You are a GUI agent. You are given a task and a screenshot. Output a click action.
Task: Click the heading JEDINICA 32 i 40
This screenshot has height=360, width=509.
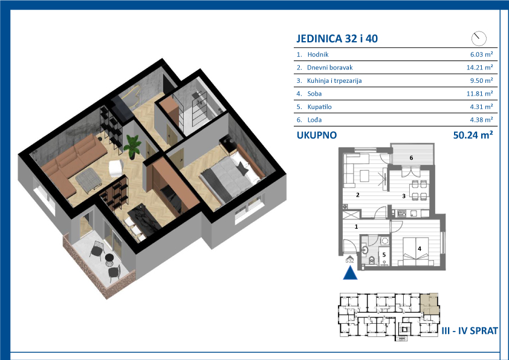point(337,39)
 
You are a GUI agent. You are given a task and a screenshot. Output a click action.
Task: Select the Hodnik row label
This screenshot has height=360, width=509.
point(318,54)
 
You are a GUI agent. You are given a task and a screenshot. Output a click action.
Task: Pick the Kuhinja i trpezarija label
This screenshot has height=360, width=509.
point(334,80)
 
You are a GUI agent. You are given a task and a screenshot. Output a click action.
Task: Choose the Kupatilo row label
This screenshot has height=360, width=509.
point(319,107)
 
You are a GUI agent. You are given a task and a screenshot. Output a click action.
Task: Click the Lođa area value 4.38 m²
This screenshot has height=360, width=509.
point(481,120)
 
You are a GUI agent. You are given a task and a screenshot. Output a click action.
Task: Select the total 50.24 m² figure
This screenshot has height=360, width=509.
point(473,135)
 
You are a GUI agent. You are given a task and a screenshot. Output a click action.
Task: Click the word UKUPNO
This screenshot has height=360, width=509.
point(317,135)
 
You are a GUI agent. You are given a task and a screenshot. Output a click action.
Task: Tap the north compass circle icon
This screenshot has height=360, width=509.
point(479,39)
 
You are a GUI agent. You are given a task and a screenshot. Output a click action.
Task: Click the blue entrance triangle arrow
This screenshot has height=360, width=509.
point(350,273)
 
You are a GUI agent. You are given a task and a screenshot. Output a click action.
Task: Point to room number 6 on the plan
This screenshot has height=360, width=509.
point(411,158)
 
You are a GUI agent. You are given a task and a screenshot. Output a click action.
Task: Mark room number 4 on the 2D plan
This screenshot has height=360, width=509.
point(420,249)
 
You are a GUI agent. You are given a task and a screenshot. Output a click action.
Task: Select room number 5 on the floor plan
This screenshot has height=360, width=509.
point(384,255)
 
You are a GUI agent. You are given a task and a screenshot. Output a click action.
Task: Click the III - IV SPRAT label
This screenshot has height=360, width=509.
point(470,331)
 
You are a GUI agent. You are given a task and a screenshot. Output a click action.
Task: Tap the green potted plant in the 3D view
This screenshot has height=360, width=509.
point(132,146)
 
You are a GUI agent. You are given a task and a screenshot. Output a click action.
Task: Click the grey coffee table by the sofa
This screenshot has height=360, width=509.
point(89,180)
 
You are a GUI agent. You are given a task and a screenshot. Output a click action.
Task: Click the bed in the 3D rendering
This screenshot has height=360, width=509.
point(231,176)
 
